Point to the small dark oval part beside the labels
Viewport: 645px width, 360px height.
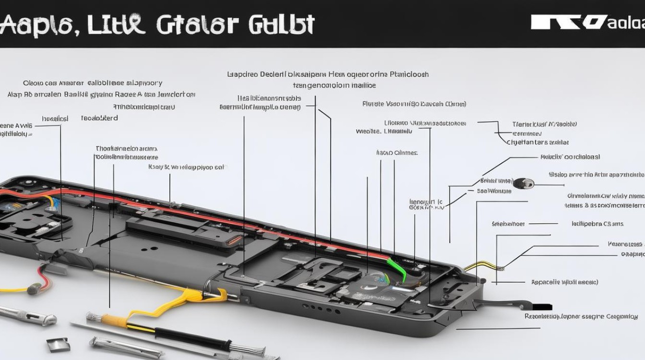(523, 183)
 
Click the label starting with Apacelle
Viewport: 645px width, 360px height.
(564, 282)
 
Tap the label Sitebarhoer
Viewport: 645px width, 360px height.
(508, 224)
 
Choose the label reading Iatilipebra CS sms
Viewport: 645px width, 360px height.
(597, 224)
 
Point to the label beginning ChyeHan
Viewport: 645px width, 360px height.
(537, 143)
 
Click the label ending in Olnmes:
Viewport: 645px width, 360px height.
(396, 153)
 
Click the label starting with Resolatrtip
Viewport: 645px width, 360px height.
(581, 316)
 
